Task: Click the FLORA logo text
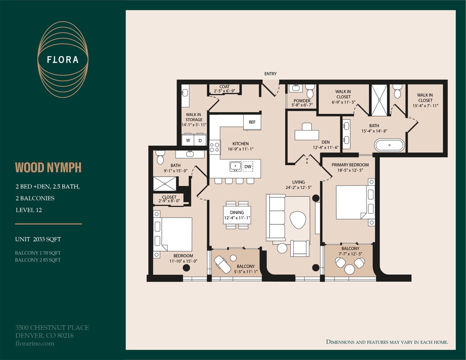63,60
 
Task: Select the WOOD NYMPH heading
48,168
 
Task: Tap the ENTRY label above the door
270,74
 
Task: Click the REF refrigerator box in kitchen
252,122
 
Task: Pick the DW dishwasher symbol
248,166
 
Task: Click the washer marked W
188,140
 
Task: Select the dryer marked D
200,140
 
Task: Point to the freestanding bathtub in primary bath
389,145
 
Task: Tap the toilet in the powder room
310,91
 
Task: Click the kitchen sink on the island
235,166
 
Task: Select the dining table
237,215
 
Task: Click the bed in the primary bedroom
352,202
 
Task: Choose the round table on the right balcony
349,269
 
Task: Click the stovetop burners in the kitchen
215,147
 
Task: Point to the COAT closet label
224,87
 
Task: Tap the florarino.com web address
35,343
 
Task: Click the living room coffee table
297,220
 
